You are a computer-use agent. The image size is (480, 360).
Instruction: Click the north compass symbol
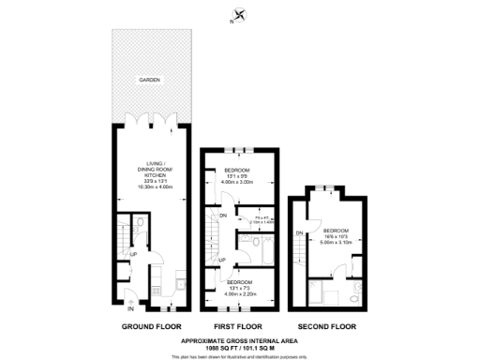click(240, 15)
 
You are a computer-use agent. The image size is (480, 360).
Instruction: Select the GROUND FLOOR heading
click(150, 327)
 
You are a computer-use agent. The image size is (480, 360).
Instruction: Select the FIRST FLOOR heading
click(240, 327)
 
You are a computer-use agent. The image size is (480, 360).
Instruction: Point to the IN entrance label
click(130, 308)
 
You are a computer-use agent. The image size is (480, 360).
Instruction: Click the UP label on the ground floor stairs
click(133, 254)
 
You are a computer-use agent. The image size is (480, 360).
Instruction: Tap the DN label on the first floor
click(221, 216)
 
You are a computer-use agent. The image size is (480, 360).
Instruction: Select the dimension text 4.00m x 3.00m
click(240, 182)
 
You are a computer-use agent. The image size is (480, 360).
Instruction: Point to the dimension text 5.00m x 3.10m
click(337, 240)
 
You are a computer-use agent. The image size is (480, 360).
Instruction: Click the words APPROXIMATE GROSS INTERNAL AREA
click(240, 341)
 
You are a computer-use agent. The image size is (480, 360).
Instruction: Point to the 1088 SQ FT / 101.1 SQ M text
click(240, 348)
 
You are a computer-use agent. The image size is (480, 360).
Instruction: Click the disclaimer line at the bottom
click(240, 356)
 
